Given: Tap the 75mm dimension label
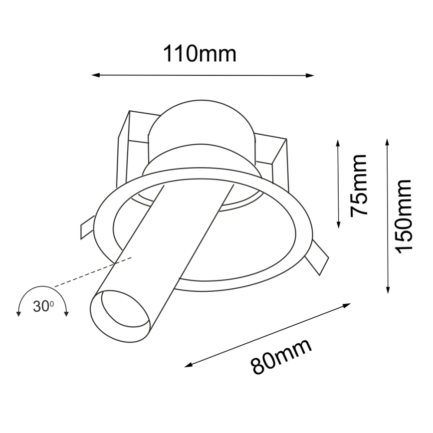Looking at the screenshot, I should (359, 185).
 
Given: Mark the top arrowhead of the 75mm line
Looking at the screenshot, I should (338, 143).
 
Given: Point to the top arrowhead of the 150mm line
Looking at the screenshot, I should (388, 142).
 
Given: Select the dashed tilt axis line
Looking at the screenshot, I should (92, 271).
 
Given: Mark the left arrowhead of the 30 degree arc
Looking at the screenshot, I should (18, 313).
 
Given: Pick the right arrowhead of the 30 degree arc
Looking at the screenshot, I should (66, 313).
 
